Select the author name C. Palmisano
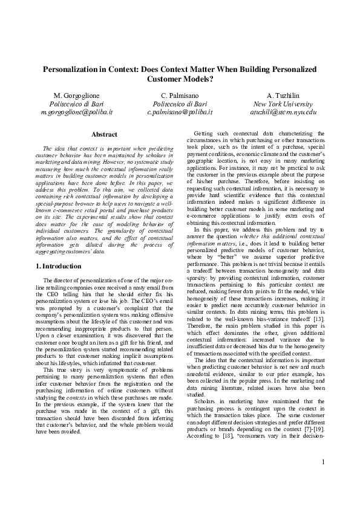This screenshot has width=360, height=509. tap(180, 96)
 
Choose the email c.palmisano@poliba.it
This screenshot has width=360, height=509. tap(180, 112)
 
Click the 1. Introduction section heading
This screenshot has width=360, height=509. tap(59, 266)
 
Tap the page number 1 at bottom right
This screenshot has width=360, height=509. tap(324, 479)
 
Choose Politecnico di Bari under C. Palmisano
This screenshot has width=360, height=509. tap(180, 104)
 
